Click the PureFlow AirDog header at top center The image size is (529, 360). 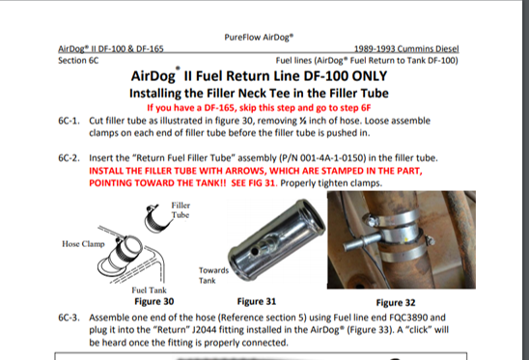point(259,37)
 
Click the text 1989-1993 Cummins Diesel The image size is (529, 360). point(406,49)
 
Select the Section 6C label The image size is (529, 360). point(78,61)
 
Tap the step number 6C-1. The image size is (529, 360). point(69,121)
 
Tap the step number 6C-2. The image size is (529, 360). point(69,158)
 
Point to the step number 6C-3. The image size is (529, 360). point(69,318)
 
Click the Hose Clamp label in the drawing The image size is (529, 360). point(83,244)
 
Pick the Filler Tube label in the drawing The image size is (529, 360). point(181,210)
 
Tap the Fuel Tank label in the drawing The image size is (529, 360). point(149,291)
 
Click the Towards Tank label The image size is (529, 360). point(213,275)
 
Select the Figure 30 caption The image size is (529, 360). point(154,301)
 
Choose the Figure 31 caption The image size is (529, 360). point(257,301)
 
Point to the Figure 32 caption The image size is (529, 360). point(396,303)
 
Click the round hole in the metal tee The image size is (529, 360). point(256,251)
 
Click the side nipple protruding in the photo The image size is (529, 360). point(359,243)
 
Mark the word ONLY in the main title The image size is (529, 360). point(370,76)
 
